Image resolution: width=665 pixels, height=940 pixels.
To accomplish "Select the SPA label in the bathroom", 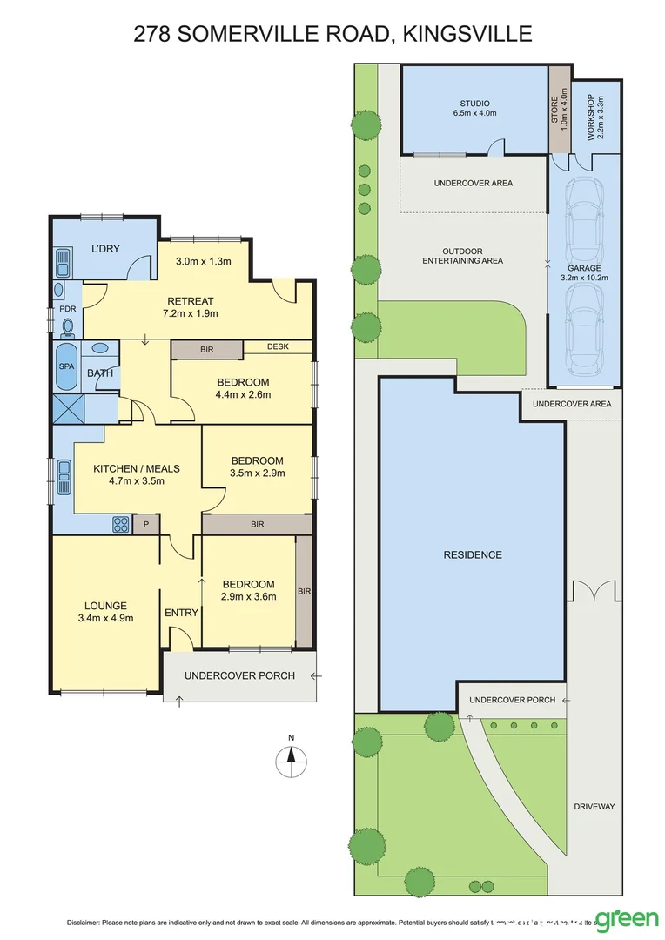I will tap(65, 366).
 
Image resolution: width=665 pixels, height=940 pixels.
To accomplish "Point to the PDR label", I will tap(67, 308).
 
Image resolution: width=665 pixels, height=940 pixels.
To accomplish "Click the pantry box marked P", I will tap(145, 524).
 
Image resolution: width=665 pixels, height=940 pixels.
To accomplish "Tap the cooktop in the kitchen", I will tap(120, 524).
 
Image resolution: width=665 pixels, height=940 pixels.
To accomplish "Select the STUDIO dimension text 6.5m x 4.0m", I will tap(474, 113).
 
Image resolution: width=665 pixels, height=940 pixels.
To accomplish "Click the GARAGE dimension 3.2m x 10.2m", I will tap(583, 279).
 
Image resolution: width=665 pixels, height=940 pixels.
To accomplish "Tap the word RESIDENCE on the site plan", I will tap(473, 554).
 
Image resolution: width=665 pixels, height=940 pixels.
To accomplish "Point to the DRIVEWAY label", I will tap(594, 807).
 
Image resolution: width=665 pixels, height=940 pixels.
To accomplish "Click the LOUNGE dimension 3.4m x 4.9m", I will tap(105, 619).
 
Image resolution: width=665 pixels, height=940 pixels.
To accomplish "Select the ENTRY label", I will tap(181, 613).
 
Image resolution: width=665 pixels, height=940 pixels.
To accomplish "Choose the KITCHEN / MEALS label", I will tap(129, 467).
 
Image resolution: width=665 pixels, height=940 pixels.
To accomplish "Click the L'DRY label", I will tap(105, 250).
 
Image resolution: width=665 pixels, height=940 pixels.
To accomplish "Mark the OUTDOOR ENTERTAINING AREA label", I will tap(462, 255).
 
